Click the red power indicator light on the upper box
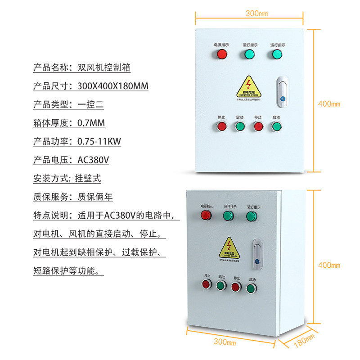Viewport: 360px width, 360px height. [221, 55]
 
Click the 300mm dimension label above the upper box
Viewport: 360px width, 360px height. [256, 13]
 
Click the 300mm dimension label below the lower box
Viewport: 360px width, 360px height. [225, 342]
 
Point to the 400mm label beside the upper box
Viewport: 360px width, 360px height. [329, 104]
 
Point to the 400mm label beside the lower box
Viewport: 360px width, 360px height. [329, 265]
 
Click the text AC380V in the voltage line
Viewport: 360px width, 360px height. [94, 160]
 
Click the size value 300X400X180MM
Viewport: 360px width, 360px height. [112, 86]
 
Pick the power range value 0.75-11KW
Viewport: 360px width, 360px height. [99, 141]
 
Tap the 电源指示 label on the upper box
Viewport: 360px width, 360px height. [221, 45]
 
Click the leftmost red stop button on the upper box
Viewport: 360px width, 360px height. [221, 126]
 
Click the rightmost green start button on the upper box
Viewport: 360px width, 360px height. [276, 126]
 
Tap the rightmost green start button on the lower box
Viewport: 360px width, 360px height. [251, 288]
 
